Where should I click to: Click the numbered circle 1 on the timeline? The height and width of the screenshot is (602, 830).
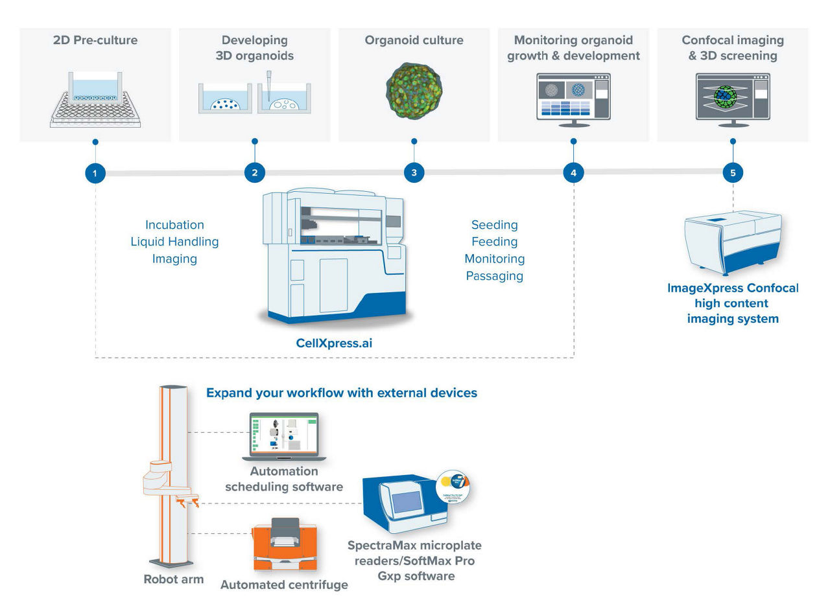coord(95,173)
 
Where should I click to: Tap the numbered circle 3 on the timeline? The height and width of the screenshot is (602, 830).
coord(414,173)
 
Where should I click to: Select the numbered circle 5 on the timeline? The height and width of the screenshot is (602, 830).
coord(733,173)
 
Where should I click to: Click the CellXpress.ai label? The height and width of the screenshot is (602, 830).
coord(334,343)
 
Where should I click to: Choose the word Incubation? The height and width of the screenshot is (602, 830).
coord(174,225)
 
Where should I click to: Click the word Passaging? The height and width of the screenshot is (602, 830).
coord(494,275)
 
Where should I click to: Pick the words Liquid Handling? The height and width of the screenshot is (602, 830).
coord(174,242)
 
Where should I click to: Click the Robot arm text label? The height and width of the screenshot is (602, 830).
coord(173,579)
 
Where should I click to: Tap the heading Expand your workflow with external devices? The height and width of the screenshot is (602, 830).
coord(341,393)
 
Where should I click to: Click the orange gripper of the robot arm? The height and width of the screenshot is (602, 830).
coord(187,500)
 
